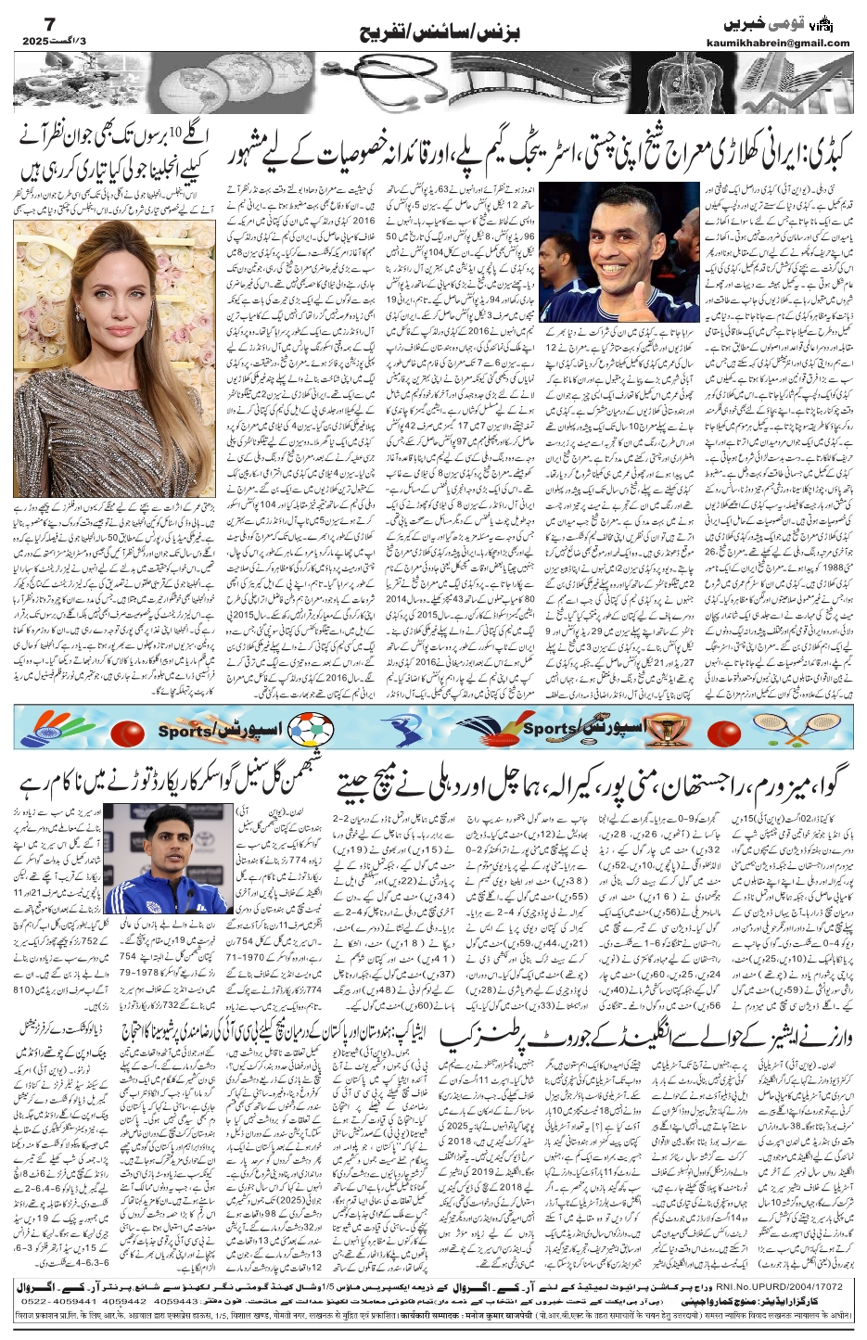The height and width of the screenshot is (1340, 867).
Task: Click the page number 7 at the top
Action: (x=28, y=19)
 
